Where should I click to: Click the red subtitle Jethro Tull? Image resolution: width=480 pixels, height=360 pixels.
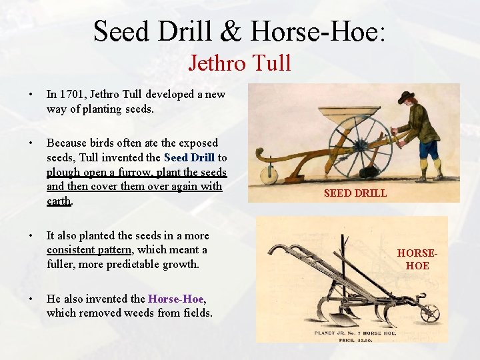(239, 63)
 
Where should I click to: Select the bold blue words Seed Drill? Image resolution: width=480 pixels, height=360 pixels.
(189, 157)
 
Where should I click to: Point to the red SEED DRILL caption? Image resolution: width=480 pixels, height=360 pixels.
(355, 193)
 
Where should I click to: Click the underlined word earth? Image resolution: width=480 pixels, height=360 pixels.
(59, 201)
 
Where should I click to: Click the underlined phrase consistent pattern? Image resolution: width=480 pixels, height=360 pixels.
(90, 250)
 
